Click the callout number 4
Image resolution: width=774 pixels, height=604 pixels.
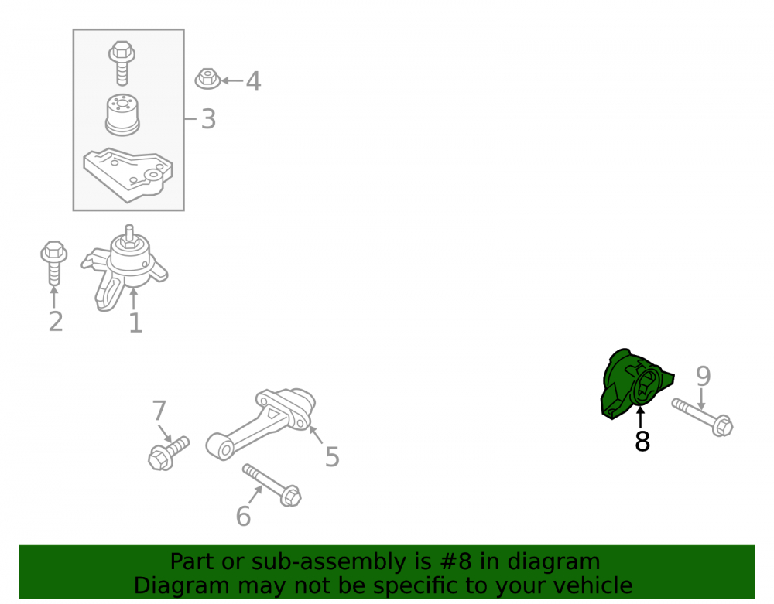click(x=253, y=81)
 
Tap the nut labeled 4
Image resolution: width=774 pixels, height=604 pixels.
click(x=207, y=79)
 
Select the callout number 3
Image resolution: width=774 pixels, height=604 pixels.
click(x=209, y=119)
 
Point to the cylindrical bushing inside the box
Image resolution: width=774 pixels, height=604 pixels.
click(x=122, y=115)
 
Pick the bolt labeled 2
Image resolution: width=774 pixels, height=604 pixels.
click(x=54, y=263)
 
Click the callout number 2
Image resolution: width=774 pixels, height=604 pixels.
click(x=56, y=322)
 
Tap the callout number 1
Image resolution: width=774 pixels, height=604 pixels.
click(x=135, y=323)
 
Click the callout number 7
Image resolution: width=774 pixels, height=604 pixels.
click(x=159, y=410)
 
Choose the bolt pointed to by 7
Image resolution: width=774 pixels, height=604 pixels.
click(x=168, y=453)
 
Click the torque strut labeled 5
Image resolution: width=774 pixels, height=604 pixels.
click(x=261, y=424)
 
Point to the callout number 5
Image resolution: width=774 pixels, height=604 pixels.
click(x=332, y=456)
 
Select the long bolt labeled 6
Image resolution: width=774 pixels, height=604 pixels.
click(x=272, y=485)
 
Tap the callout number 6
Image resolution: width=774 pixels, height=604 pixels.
click(x=243, y=517)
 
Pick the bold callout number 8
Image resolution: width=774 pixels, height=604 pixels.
click(x=642, y=442)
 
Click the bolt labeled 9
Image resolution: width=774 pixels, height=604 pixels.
click(x=703, y=418)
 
